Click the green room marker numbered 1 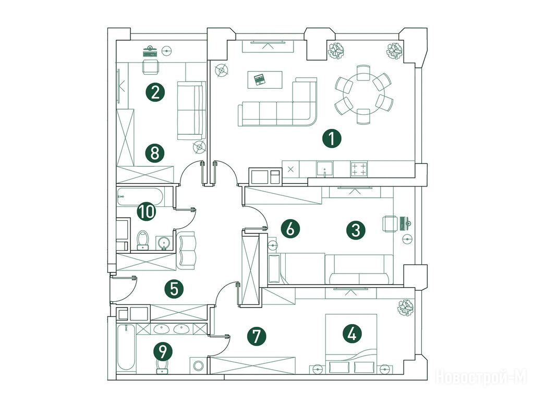point(331,139)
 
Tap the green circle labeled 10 point(146,211)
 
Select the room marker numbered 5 point(174,289)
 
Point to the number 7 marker point(257,336)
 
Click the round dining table point(363,94)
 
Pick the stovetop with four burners point(359,169)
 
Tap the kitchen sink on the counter point(325,169)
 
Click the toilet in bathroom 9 point(163,366)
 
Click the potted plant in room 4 point(406,308)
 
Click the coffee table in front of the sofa point(265,80)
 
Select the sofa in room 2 point(192,110)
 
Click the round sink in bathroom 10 point(164,243)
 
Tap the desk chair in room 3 point(390,224)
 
